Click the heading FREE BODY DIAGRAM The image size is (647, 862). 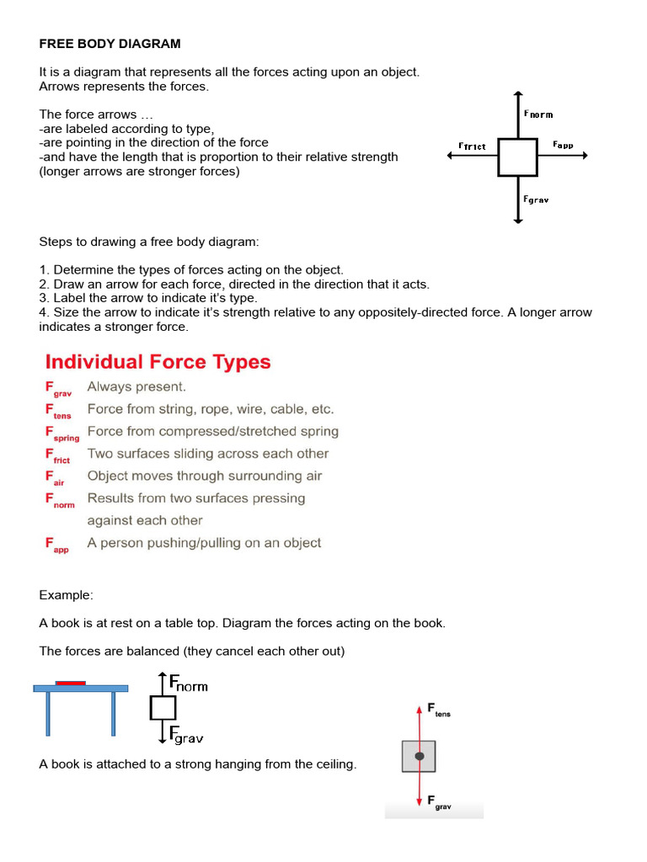tap(110, 43)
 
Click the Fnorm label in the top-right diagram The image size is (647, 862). tap(538, 114)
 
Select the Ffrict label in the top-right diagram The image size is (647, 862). tap(472, 146)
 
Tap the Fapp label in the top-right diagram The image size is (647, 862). tap(563, 145)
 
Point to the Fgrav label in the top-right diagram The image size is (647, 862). tap(537, 200)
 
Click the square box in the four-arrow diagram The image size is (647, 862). tap(517, 157)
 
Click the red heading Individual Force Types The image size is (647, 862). tap(158, 362)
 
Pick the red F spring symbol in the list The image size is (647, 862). tap(61, 433)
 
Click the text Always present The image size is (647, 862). tap(136, 387)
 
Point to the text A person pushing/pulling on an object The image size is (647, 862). tap(204, 543)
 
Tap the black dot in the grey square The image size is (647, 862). tap(419, 757)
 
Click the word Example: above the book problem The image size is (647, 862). tap(66, 595)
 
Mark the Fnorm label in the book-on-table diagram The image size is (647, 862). tap(188, 683)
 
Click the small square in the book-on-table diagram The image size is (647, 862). tap(163, 708)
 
